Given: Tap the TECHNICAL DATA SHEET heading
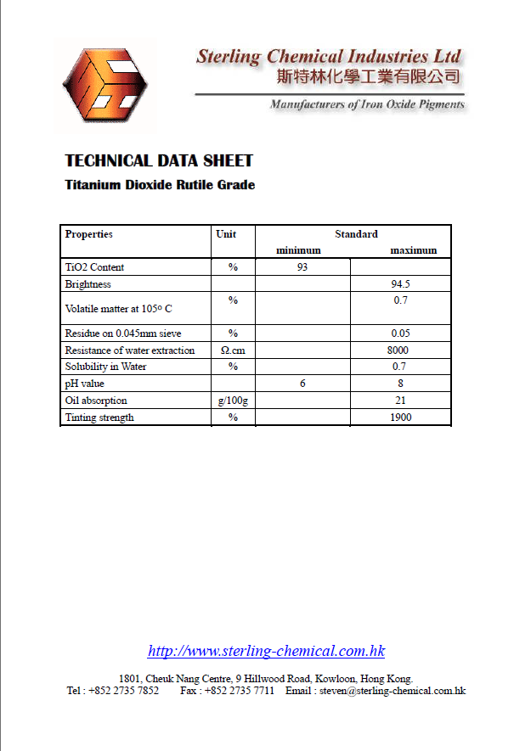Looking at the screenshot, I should [x=159, y=161].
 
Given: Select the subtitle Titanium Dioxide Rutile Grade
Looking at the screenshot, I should [x=160, y=185].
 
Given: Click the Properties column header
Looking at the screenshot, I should [x=89, y=234].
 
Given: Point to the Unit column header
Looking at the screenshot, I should [x=226, y=234].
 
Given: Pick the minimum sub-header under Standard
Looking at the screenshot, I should [x=298, y=250].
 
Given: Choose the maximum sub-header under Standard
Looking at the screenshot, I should [x=413, y=250].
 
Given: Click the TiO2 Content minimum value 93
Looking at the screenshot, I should [x=302, y=267].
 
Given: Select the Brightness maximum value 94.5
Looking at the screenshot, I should [x=400, y=284].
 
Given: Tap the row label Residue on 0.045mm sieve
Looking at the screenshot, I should [x=123, y=333].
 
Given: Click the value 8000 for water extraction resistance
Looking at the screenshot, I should [x=398, y=350].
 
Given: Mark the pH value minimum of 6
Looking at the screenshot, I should [x=302, y=384].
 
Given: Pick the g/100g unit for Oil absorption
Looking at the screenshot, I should [x=233, y=401].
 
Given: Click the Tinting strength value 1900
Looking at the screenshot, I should [x=400, y=418].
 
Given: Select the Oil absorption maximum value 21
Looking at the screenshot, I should [x=400, y=401].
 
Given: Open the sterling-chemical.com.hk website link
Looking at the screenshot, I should [x=266, y=652].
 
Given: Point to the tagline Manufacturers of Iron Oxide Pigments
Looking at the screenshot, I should [x=367, y=105].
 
